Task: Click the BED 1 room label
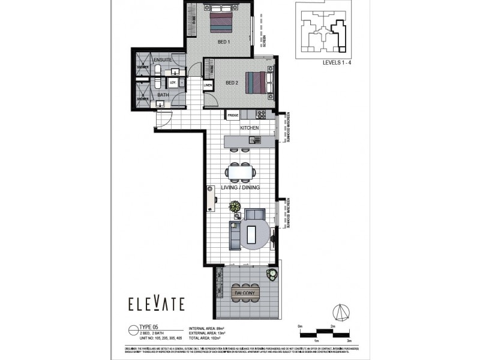226,42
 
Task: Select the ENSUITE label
163,61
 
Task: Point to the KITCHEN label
250,128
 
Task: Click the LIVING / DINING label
241,188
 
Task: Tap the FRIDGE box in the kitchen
233,115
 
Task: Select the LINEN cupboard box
208,86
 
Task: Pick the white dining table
241,173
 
